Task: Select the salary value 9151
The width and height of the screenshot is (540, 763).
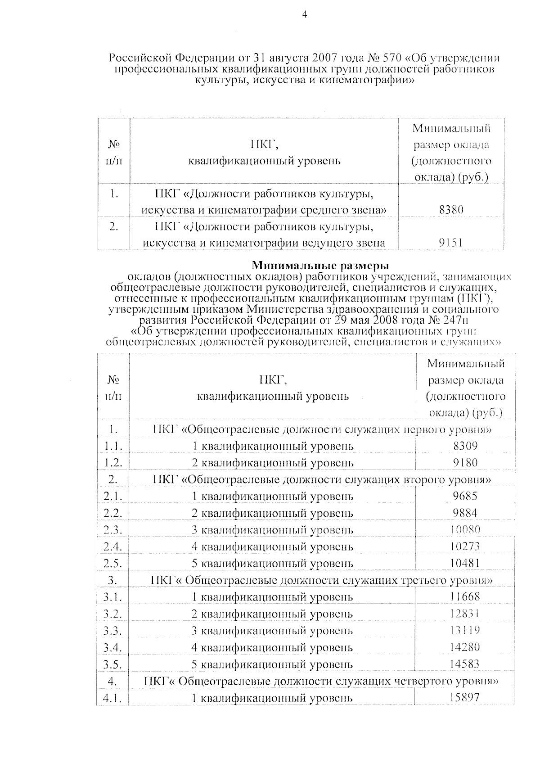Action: [x=451, y=243]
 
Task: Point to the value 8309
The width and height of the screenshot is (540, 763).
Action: [x=465, y=446]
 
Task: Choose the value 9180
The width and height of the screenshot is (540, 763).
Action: [x=465, y=462]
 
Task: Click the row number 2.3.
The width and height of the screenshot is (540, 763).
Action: [x=112, y=530]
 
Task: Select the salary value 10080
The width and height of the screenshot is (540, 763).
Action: [x=465, y=529]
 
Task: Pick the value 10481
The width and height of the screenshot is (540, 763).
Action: [x=465, y=563]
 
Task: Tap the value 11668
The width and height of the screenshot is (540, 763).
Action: [x=465, y=597]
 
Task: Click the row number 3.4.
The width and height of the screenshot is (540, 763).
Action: [x=112, y=648]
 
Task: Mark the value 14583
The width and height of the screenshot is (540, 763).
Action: [x=465, y=664]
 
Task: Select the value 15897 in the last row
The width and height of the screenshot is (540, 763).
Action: [x=465, y=697]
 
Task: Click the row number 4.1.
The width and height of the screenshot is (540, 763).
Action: [x=112, y=698]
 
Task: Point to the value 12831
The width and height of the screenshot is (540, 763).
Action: [x=465, y=614]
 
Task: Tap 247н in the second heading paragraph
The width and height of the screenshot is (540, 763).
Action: [x=455, y=320]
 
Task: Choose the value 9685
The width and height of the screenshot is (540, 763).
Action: [x=465, y=496]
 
